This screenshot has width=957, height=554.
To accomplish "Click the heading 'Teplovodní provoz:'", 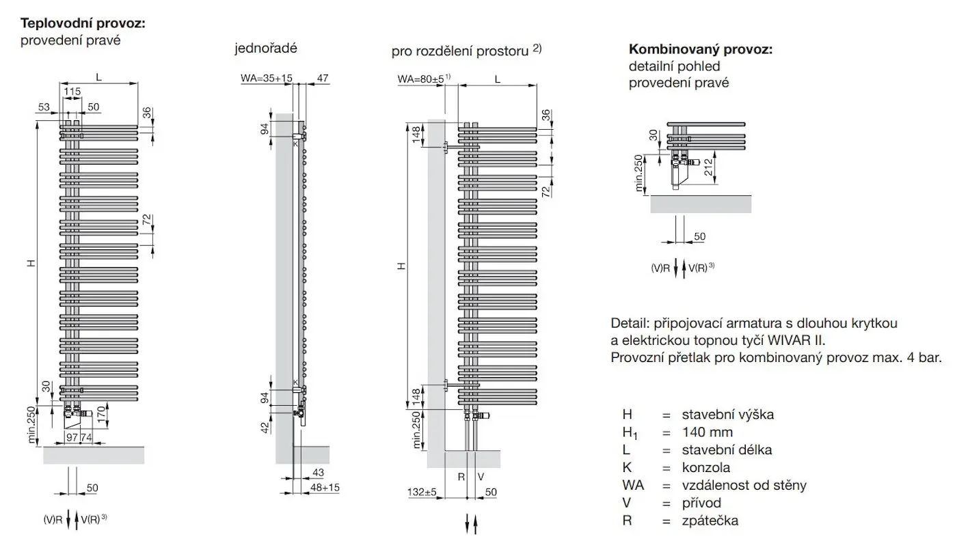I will pos(83,24).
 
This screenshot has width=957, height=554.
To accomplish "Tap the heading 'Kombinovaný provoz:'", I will pos(701,50).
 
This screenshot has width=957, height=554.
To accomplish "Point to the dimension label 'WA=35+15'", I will pos(266,79).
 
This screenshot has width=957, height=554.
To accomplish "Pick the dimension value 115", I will pos(72,91).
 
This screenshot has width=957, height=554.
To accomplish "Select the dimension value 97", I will pos(72,437).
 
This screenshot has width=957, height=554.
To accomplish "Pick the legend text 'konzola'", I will pos(705,468).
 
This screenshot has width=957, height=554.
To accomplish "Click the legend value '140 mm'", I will pos(707,432).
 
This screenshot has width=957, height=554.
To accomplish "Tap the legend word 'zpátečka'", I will pos(710,521).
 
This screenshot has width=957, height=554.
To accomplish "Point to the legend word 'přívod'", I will pos(701,503).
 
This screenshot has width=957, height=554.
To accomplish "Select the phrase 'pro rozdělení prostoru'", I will pos(461,51).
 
